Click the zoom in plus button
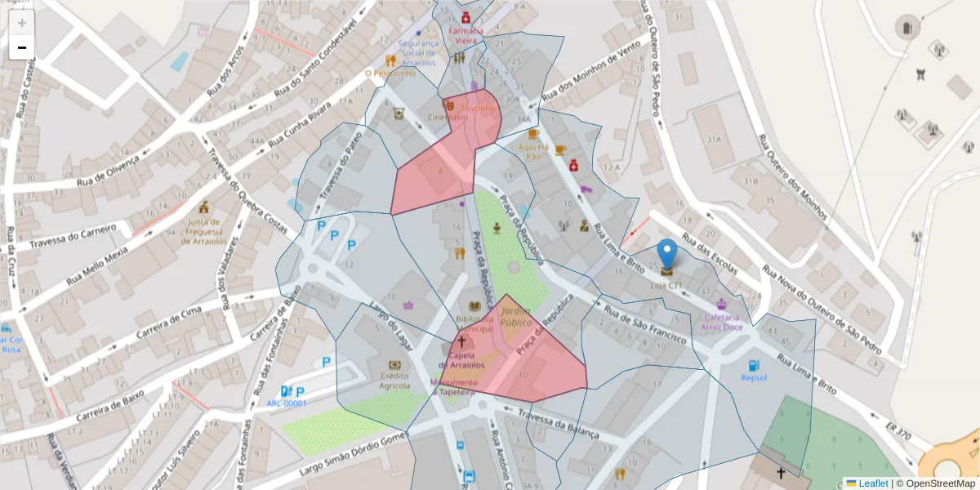click(22, 23)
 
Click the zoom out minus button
click(22, 47)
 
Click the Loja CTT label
click(666, 286)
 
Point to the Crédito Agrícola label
click(394, 380)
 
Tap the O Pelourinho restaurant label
click(390, 73)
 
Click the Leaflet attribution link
click(872, 483)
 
